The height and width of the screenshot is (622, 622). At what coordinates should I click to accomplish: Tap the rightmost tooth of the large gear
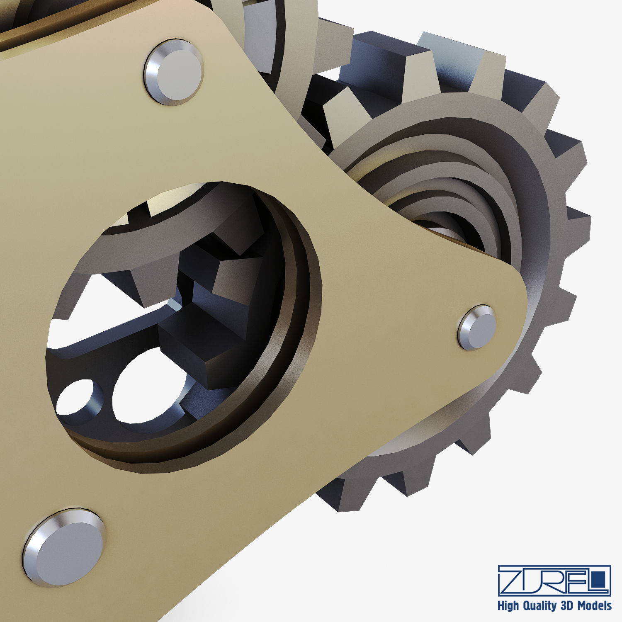[x=578, y=226]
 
